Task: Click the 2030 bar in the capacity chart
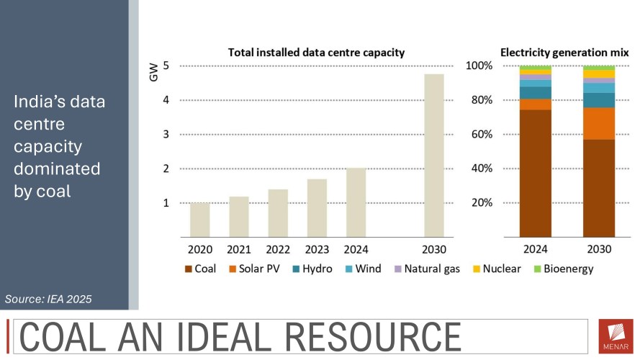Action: tap(433, 156)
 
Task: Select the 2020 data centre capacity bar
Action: tap(200, 220)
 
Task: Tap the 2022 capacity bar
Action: tap(278, 213)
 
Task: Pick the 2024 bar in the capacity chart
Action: tap(356, 202)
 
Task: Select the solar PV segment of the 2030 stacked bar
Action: tap(599, 123)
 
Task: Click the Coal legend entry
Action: tap(202, 269)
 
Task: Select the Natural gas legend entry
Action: tap(423, 269)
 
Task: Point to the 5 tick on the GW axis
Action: tap(166, 66)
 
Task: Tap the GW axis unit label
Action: tap(153, 72)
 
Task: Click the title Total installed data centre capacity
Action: tap(316, 53)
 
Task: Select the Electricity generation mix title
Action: tap(564, 53)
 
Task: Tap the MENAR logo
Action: tap(616, 336)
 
